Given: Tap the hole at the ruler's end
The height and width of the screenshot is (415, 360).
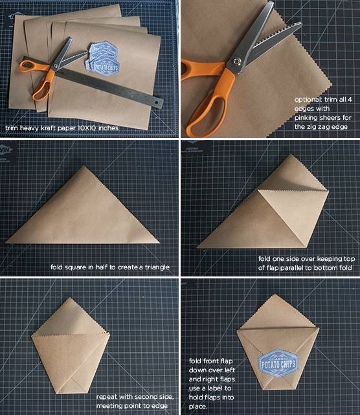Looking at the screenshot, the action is click(x=157, y=102).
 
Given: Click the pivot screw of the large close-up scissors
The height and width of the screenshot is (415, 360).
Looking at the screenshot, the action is click(x=236, y=62).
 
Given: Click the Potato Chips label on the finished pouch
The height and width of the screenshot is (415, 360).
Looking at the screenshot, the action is click(x=278, y=363).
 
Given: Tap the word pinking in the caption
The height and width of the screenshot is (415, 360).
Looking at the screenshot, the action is click(x=306, y=118).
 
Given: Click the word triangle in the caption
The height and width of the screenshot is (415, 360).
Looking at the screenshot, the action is click(x=157, y=267).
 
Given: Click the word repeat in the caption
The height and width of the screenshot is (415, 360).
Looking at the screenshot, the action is click(x=107, y=397).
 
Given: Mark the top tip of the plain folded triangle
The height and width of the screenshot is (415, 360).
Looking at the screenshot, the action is click(x=84, y=166).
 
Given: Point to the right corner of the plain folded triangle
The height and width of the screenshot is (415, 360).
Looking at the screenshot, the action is click(x=159, y=242).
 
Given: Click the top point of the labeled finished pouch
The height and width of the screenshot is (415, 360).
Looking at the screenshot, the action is click(x=276, y=294).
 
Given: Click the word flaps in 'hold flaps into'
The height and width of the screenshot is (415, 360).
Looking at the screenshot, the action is click(x=216, y=398).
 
